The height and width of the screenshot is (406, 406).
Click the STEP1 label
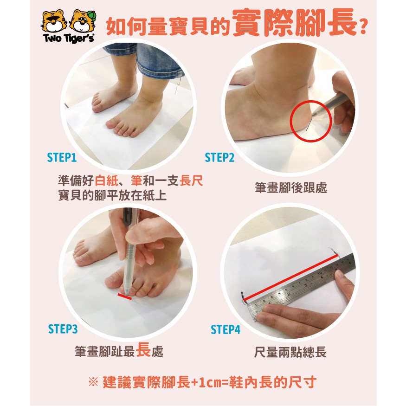(x=62, y=157)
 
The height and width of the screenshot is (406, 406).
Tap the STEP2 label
(x=219, y=157)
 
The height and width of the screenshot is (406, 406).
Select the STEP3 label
(x=63, y=329)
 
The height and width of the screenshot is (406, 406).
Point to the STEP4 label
(x=226, y=329)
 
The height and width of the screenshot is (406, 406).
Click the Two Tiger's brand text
(x=69, y=38)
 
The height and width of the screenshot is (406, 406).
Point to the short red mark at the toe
(x=124, y=296)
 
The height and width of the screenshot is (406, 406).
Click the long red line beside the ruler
(x=290, y=278)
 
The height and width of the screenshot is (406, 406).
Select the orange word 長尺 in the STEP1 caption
(x=191, y=181)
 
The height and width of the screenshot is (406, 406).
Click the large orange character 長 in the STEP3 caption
(x=143, y=349)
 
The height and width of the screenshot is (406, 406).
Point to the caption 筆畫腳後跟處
(x=291, y=188)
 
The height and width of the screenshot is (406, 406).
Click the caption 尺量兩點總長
(x=290, y=352)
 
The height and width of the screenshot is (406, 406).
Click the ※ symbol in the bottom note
(x=93, y=382)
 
